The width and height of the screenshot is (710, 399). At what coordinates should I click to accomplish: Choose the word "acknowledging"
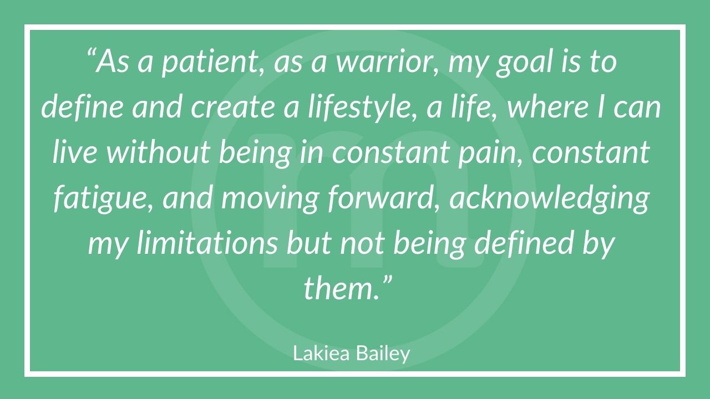549,198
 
